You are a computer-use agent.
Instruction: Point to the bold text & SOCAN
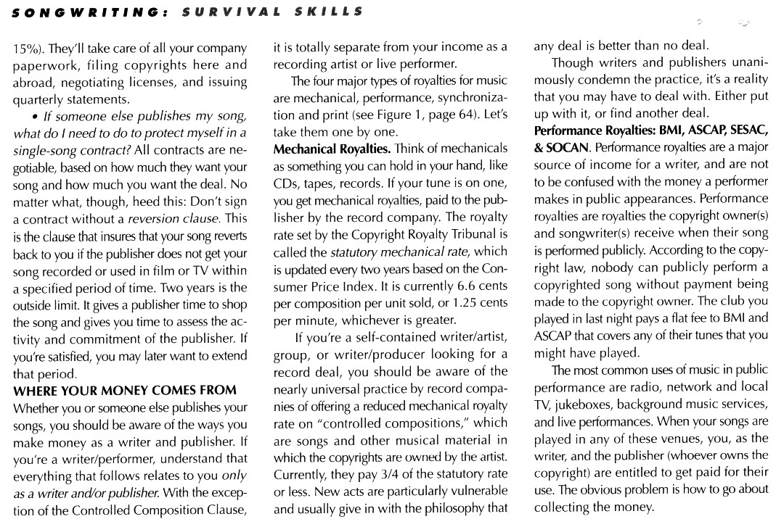click(563, 148)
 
